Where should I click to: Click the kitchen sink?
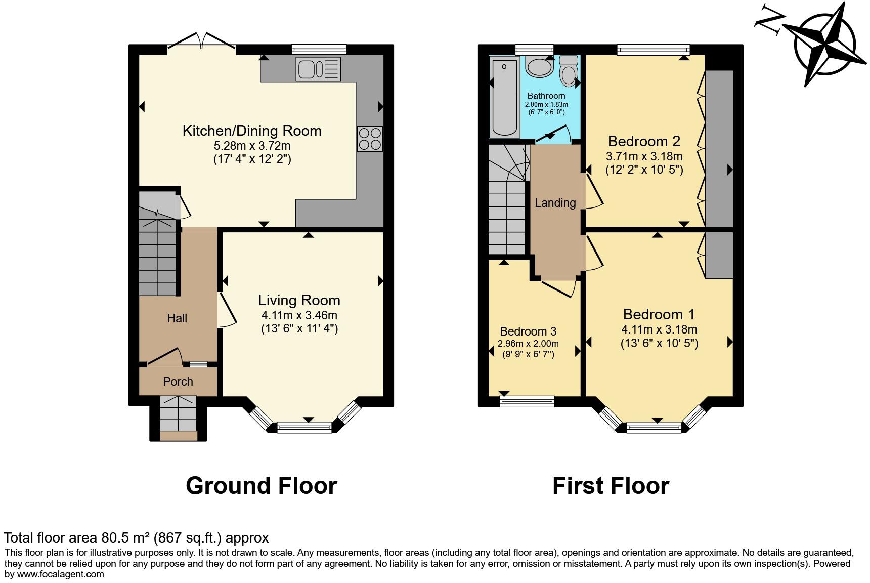click(x=319, y=69)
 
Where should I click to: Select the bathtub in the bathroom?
click(x=504, y=97)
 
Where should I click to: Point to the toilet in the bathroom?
click(x=569, y=70)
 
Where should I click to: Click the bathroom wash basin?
click(x=539, y=66)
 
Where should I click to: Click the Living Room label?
click(x=299, y=300)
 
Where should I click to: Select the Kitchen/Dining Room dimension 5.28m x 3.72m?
click(x=252, y=146)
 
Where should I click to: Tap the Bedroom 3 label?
click(x=528, y=331)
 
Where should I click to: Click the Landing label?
click(x=555, y=203)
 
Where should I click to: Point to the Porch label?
click(x=178, y=382)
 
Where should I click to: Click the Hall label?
click(x=177, y=318)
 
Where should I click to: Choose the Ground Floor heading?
click(x=261, y=486)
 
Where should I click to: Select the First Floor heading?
click(x=611, y=486)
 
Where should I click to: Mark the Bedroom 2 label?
click(x=644, y=141)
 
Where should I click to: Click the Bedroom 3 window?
click(x=527, y=402)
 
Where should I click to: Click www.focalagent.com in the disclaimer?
click(x=61, y=574)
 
